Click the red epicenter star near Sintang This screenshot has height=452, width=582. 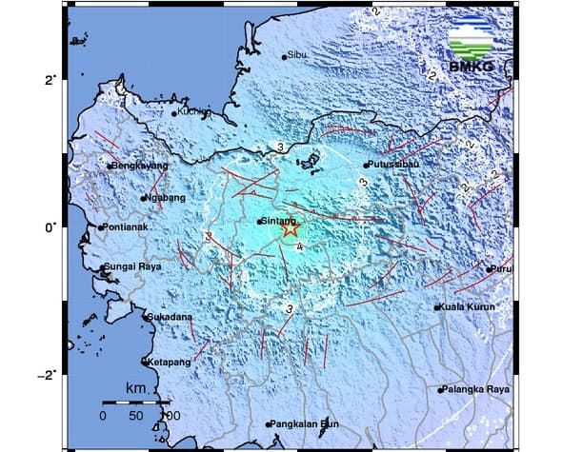[291, 228]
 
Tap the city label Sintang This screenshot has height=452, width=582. [277, 221]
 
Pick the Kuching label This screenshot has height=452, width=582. [193, 112]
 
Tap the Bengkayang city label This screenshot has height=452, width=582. [140, 166]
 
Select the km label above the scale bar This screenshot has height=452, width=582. [137, 389]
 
